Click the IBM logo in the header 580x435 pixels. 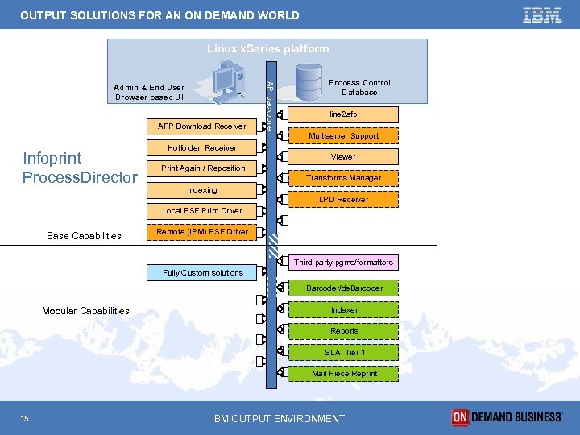click(x=542, y=14)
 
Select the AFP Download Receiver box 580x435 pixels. click(x=202, y=126)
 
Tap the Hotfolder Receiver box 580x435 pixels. click(x=202, y=147)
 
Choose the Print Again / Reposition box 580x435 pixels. click(x=203, y=168)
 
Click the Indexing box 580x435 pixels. click(x=202, y=190)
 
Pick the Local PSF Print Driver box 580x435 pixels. click(x=202, y=210)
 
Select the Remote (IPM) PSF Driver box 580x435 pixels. click(x=202, y=232)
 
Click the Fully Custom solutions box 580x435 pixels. click(x=202, y=272)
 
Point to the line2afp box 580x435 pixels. click(x=343, y=114)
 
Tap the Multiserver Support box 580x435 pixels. click(x=343, y=136)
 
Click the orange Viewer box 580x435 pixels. click(x=343, y=157)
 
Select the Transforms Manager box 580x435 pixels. click(x=343, y=178)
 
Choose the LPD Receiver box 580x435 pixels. click(x=343, y=199)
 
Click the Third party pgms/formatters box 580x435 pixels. click(x=343, y=262)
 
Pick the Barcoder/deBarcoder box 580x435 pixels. click(x=344, y=288)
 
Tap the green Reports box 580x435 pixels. click(x=344, y=330)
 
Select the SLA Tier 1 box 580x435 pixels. click(x=344, y=352)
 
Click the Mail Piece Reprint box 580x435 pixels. click(x=344, y=373)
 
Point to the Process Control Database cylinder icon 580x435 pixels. click(x=309, y=81)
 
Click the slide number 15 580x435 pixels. click(x=27, y=417)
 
